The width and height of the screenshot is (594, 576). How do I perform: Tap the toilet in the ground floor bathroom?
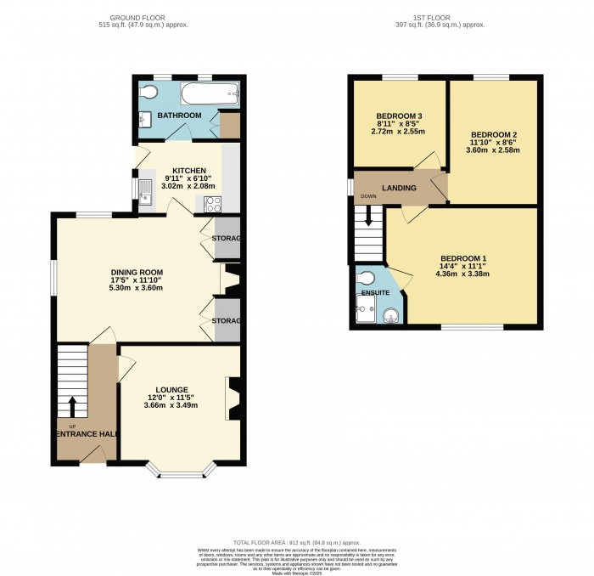(148, 92)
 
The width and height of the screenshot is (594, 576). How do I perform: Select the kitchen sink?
(145, 193)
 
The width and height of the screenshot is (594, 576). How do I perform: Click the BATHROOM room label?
(179, 116)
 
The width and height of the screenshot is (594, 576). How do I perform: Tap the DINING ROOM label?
(137, 273)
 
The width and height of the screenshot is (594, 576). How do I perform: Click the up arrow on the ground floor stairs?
(72, 404)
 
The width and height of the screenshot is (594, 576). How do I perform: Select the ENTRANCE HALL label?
(84, 433)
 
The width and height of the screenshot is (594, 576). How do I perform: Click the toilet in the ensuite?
(366, 278)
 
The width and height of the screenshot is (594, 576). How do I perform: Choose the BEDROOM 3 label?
(399, 116)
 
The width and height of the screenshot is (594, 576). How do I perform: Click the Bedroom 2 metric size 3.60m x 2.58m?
(493, 150)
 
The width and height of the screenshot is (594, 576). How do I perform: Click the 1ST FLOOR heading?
(440, 17)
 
